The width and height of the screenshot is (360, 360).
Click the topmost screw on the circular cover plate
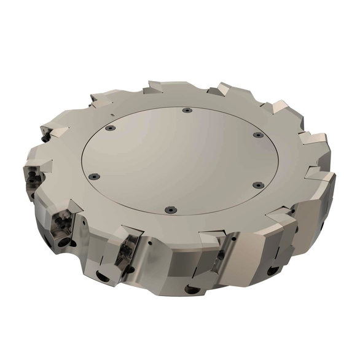pyautogui.click(x=186, y=111)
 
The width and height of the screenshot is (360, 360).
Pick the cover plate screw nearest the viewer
pyautogui.click(x=170, y=209)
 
